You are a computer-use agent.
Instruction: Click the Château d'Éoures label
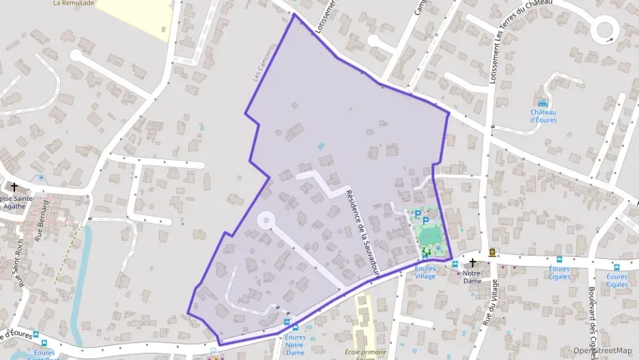(543, 116)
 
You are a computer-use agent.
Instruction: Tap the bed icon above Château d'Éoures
(543, 103)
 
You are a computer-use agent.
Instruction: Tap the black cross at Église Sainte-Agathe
(14, 186)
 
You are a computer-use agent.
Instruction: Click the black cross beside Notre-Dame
(472, 262)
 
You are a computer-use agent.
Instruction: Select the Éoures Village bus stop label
(425, 273)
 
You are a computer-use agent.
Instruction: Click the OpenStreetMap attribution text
(601, 350)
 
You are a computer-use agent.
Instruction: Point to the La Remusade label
(74, 3)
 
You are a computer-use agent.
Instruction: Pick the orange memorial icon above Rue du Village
(492, 253)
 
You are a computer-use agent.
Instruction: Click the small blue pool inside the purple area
(321, 146)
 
